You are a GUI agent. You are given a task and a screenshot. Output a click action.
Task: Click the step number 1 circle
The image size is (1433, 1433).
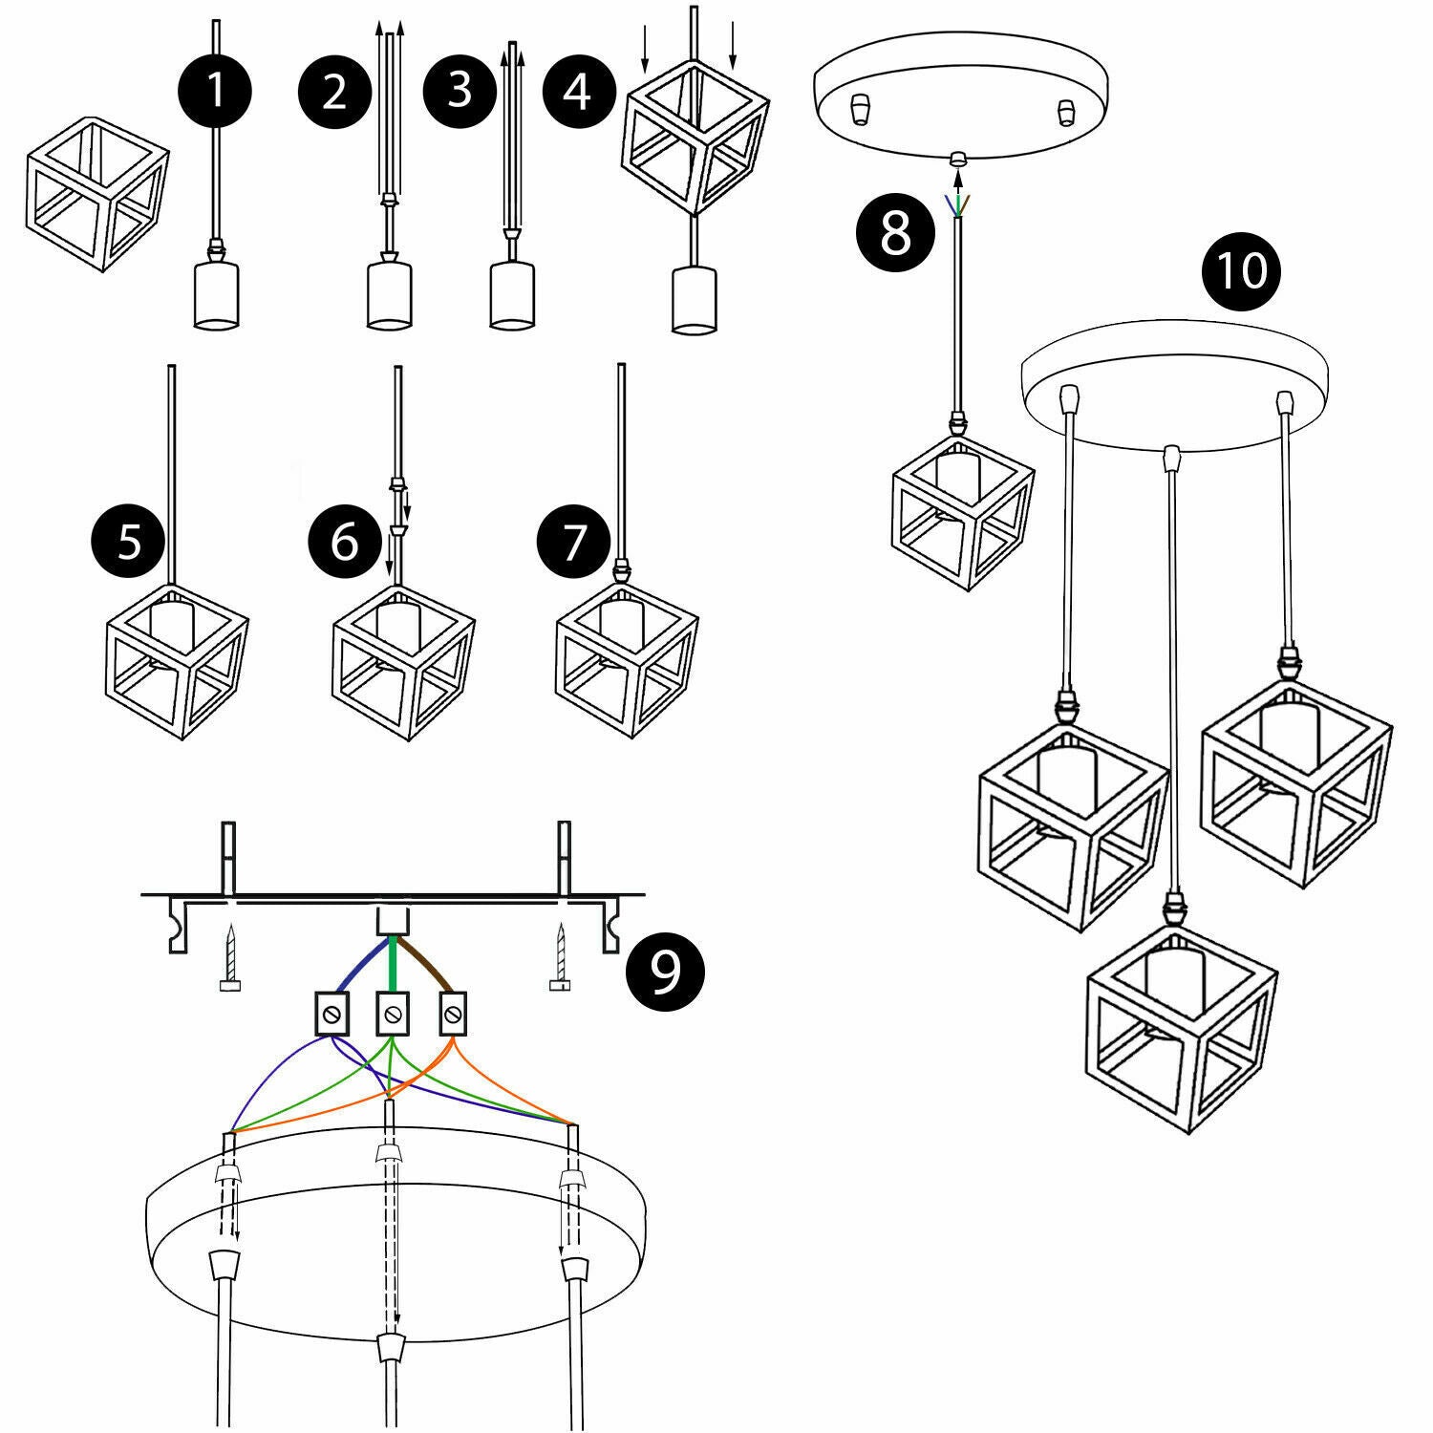[x=215, y=92]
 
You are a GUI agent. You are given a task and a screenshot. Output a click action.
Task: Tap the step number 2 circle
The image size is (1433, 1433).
[x=334, y=93]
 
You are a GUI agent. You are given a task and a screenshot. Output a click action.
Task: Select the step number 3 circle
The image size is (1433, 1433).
[x=460, y=90]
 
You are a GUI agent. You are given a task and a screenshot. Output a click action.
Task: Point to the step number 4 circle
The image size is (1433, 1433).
[x=579, y=93]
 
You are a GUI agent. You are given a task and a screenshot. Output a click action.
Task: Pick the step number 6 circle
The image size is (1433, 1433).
[x=345, y=543]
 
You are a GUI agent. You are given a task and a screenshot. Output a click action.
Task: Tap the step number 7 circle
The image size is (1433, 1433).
[x=574, y=543]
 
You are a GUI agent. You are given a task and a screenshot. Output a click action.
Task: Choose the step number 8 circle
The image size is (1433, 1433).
[x=895, y=232]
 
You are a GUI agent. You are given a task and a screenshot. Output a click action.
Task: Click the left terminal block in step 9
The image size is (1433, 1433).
[x=331, y=1013]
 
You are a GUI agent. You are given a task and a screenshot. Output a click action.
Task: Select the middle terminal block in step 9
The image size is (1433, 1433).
[x=391, y=1013]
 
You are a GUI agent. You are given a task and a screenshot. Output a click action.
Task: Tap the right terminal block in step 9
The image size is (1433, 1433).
[x=453, y=1013]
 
